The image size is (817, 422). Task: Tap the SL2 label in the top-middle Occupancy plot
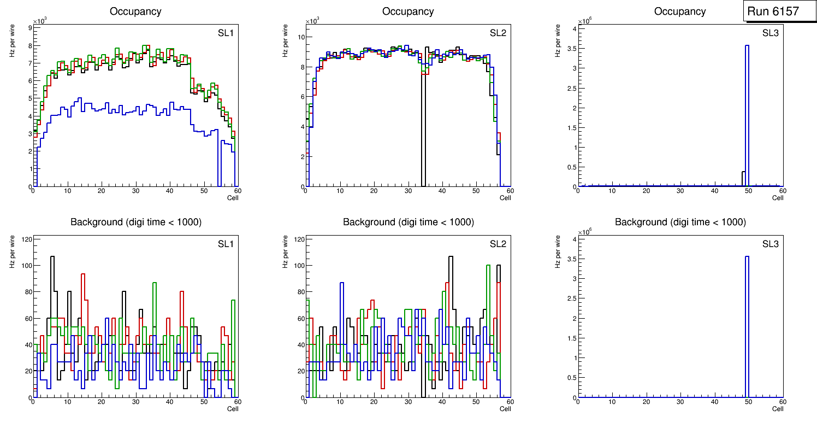point(498,33)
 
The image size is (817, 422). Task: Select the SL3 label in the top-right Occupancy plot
point(770,33)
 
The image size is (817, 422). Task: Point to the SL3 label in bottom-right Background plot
point(770,243)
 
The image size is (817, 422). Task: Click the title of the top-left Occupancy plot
point(136,11)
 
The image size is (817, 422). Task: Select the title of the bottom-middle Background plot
point(408,222)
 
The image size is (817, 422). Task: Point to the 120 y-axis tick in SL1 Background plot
point(26,239)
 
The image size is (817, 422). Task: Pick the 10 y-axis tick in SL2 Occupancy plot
point(300,37)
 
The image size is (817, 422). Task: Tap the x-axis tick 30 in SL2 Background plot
point(408,402)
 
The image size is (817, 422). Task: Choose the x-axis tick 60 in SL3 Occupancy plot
point(782,191)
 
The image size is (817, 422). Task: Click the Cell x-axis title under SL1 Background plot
point(233,408)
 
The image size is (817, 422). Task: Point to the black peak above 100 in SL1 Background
point(52,257)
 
